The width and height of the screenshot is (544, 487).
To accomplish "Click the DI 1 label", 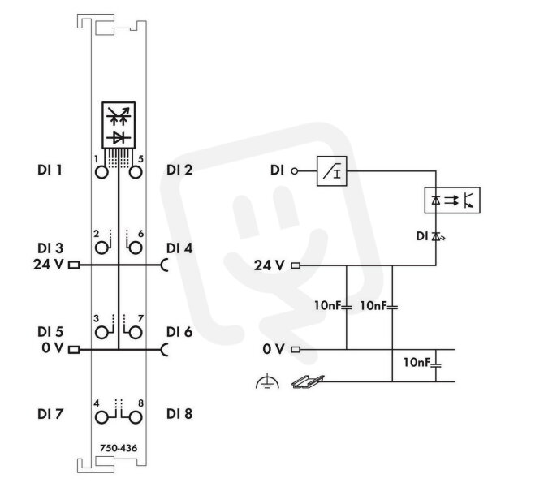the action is (x=50, y=170).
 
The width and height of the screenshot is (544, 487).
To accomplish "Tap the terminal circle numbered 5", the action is (x=136, y=172).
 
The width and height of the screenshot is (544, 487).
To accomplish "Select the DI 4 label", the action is (x=179, y=248).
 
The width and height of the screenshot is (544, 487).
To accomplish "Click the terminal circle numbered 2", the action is (x=101, y=248).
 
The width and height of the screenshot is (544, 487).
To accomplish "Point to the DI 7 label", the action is (x=50, y=414).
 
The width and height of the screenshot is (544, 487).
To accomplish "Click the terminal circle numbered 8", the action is (x=136, y=418).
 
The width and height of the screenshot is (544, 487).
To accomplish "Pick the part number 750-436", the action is (x=119, y=448).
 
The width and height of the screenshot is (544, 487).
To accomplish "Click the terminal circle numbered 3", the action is (x=101, y=333).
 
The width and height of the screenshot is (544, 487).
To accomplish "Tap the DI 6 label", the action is (x=179, y=332).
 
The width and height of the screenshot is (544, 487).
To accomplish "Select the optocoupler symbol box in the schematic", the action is (x=452, y=200).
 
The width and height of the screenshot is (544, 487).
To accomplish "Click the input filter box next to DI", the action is (x=331, y=171).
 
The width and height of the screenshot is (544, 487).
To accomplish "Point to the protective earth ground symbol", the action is (x=267, y=381).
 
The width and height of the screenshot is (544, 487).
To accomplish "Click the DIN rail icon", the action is (x=308, y=382).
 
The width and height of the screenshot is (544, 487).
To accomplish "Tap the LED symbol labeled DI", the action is (x=436, y=236).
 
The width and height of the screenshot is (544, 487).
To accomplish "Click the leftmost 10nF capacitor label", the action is (x=328, y=305).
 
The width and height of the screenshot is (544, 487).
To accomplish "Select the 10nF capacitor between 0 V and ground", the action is (x=436, y=364).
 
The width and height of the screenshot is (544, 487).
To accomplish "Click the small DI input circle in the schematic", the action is (x=294, y=171).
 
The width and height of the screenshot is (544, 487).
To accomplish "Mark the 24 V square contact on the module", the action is (x=74, y=265).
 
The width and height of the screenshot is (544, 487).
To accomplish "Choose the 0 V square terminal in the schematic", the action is (x=296, y=350).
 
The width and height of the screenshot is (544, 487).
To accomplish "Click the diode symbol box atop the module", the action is (x=119, y=125).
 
